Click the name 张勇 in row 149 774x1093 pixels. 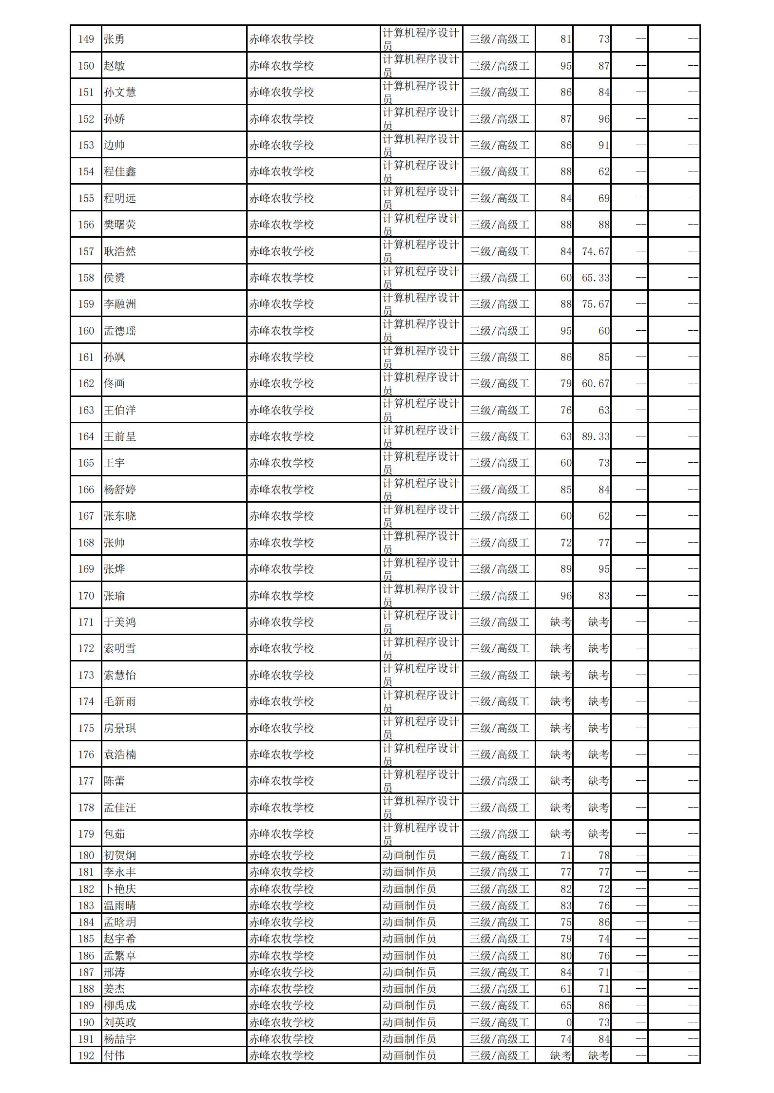(x=114, y=39)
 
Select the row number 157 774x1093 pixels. (x=86, y=251)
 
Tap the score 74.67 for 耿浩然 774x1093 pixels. (x=596, y=251)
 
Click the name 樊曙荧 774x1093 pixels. (x=119, y=225)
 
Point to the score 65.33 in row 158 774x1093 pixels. (x=596, y=278)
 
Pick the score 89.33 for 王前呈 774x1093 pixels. (x=596, y=436)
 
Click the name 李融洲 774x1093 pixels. (x=119, y=304)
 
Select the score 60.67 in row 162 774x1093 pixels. (x=596, y=383)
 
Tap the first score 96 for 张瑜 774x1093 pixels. (x=565, y=596)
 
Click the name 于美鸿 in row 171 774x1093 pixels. (x=119, y=622)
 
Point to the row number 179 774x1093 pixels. (x=86, y=834)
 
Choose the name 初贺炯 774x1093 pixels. (x=119, y=855)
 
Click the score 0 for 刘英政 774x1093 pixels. (x=568, y=1022)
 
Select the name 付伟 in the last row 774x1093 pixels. (x=114, y=1055)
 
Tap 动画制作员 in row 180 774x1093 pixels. (x=409, y=855)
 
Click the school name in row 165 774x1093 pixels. (x=281, y=463)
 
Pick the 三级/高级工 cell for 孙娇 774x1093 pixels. (x=499, y=119)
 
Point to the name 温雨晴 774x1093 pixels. (x=119, y=905)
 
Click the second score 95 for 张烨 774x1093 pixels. (x=603, y=569)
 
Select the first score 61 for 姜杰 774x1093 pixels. (x=565, y=989)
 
